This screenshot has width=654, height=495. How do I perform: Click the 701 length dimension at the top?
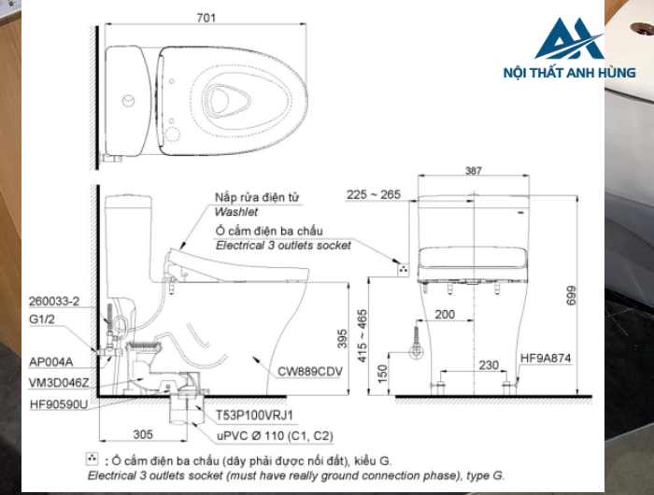[206, 18]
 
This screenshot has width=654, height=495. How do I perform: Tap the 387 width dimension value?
[474, 171]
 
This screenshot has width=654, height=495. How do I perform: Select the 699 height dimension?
[571, 295]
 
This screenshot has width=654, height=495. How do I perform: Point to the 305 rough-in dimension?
[143, 434]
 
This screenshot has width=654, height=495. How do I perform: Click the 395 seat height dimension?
[342, 339]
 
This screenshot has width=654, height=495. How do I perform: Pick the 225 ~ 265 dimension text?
[374, 194]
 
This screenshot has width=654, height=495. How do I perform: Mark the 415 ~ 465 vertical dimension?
[362, 335]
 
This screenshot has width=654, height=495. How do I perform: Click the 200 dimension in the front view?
[445, 315]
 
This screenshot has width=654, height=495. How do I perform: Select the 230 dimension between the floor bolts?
[489, 365]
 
